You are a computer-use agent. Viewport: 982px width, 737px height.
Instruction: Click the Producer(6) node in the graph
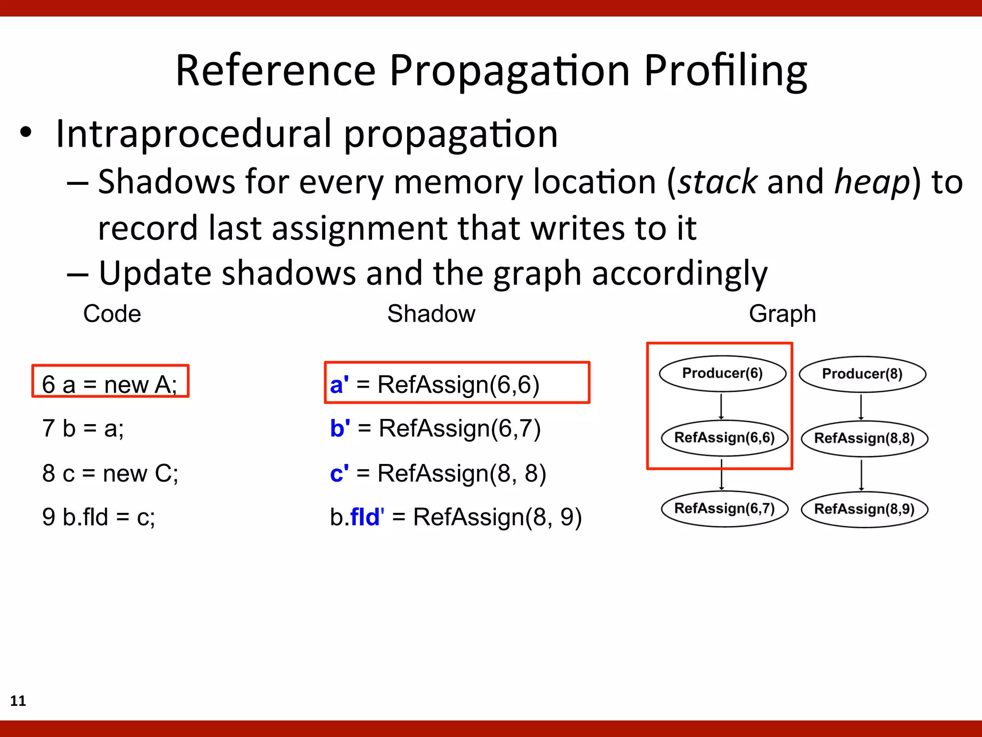coord(722,373)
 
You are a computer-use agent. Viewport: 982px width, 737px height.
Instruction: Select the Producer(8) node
coord(862,374)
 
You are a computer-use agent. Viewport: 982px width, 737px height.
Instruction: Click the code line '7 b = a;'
coord(83,428)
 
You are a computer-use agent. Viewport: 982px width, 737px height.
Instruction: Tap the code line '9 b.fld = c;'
coord(99,517)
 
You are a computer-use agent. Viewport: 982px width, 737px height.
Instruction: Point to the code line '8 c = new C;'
coord(110,473)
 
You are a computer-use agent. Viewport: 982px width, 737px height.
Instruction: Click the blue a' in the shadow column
coord(339,384)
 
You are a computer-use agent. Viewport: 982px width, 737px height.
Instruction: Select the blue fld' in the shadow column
coord(367,517)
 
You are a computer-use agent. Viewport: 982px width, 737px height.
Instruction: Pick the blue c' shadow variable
coord(339,473)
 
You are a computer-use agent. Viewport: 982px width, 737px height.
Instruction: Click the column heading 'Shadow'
coord(431,314)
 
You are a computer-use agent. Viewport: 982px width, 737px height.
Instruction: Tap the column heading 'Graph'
coord(782,314)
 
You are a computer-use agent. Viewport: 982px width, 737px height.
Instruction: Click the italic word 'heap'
coord(872,182)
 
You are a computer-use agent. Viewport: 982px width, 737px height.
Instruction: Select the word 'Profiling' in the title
coord(725,71)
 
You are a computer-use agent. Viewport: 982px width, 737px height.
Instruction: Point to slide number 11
coord(18,701)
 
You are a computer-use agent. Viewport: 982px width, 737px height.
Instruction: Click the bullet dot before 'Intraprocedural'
coord(26,132)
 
